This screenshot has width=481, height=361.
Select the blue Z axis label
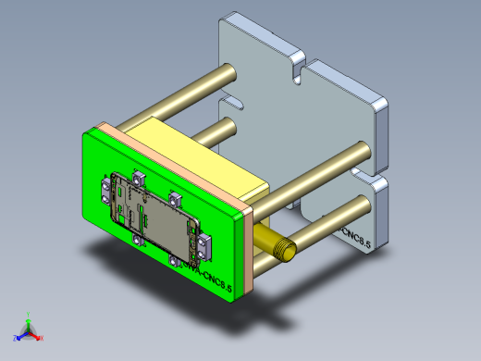(14, 339)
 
